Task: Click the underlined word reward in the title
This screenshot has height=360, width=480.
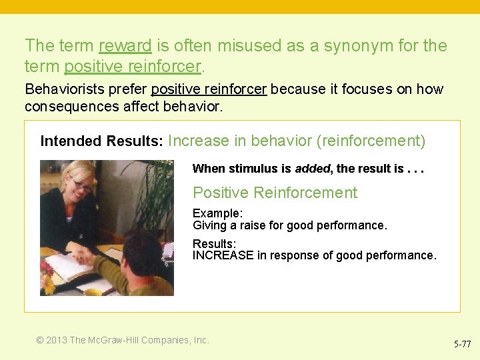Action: click(125, 46)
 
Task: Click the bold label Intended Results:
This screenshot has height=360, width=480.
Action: click(102, 141)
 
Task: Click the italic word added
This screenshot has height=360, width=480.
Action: click(312, 169)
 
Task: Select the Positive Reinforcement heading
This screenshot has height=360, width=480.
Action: click(275, 193)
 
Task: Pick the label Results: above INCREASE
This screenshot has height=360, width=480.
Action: click(214, 244)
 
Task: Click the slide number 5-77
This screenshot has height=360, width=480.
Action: click(462, 345)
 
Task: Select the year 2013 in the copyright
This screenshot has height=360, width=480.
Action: click(57, 340)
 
